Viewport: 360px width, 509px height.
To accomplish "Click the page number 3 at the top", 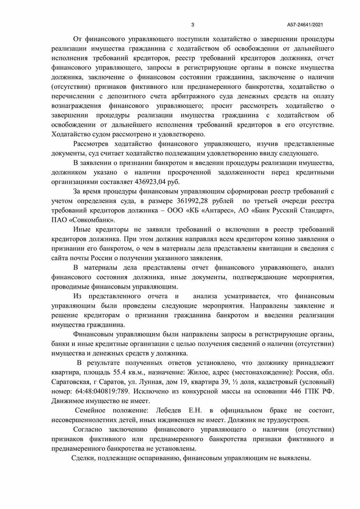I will point(193,25).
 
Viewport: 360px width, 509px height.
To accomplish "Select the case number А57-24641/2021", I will point(305,25).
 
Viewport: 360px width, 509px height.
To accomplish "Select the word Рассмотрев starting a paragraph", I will point(91,144).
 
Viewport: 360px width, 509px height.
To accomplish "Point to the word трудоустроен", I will point(290,420).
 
